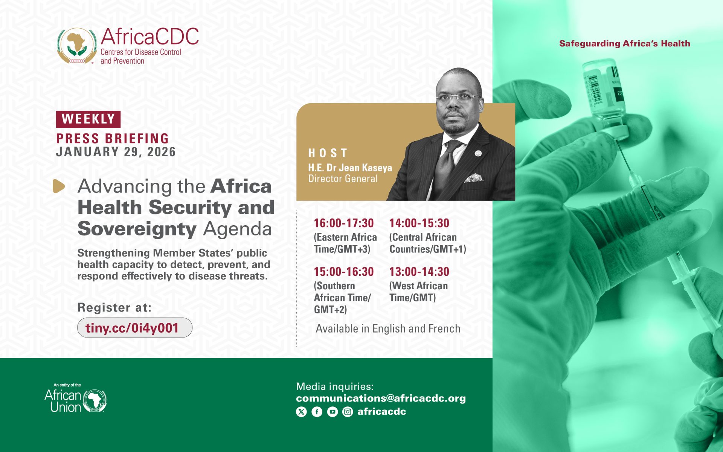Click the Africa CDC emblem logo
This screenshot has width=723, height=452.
click(x=77, y=46)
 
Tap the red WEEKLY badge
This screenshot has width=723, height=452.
click(x=88, y=119)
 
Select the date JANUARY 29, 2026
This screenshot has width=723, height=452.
click(x=116, y=152)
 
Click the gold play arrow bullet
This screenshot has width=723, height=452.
click(x=59, y=186)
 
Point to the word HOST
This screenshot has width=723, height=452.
click(x=328, y=153)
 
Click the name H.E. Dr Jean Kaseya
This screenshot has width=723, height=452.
click(x=350, y=168)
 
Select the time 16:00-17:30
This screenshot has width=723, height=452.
click(x=344, y=223)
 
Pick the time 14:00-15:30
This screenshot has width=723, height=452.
click(x=419, y=223)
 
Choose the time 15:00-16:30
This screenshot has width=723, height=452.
click(x=344, y=272)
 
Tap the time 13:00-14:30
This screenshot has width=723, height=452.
click(x=419, y=272)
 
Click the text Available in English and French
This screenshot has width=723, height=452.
click(x=388, y=329)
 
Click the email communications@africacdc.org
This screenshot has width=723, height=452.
click(x=381, y=398)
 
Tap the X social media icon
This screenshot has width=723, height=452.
click(x=301, y=412)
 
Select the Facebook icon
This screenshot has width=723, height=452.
click(x=317, y=412)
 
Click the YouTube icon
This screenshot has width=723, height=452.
click(x=333, y=412)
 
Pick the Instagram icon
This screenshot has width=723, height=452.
click(x=348, y=412)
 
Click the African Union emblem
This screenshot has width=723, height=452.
click(x=95, y=400)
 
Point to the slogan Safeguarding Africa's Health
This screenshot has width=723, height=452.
click(x=625, y=44)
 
